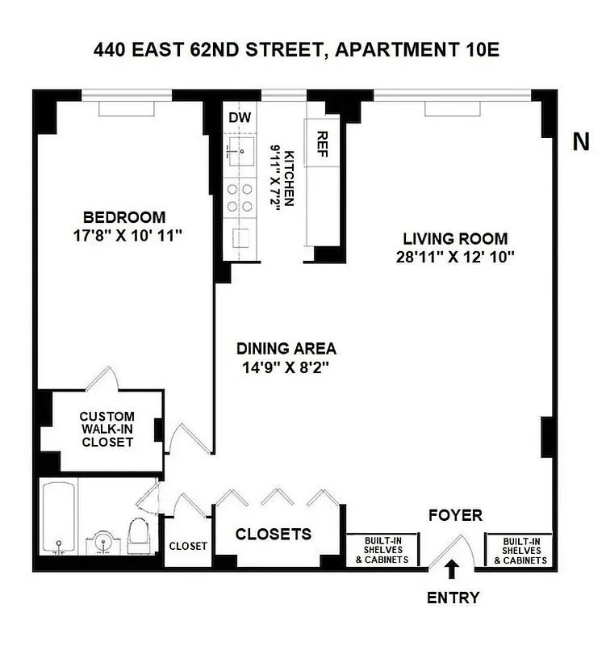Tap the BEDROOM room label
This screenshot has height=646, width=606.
pyautogui.click(x=124, y=217)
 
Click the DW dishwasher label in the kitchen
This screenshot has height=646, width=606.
pyautogui.click(x=240, y=118)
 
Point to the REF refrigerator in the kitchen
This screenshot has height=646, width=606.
pyautogui.click(x=322, y=145)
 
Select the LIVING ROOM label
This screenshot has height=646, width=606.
pyautogui.click(x=455, y=239)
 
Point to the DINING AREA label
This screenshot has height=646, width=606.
pyautogui.click(x=286, y=349)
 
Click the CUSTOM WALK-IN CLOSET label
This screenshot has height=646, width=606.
pyautogui.click(x=107, y=429)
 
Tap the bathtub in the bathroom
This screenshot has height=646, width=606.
pyautogui.click(x=57, y=519)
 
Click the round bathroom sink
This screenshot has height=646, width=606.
pyautogui.click(x=102, y=543)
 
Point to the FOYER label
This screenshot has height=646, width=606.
pyautogui.click(x=455, y=515)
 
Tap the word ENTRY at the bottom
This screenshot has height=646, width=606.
pyautogui.click(x=453, y=598)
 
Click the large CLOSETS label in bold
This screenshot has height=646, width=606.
pyautogui.click(x=274, y=535)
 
